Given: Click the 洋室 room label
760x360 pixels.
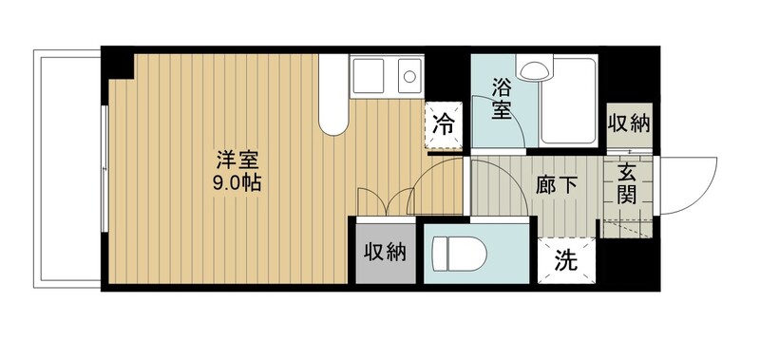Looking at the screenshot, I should [238, 160].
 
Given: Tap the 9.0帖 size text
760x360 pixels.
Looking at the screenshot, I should [237, 182].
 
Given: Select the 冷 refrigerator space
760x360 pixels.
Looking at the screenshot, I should [444, 124].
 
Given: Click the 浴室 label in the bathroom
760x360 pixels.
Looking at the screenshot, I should [502, 98].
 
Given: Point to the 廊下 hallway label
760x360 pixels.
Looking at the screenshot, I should [558, 185].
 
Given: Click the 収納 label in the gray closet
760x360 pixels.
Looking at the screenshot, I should [386, 252].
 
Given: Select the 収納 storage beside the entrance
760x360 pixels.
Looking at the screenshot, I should [628, 124].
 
